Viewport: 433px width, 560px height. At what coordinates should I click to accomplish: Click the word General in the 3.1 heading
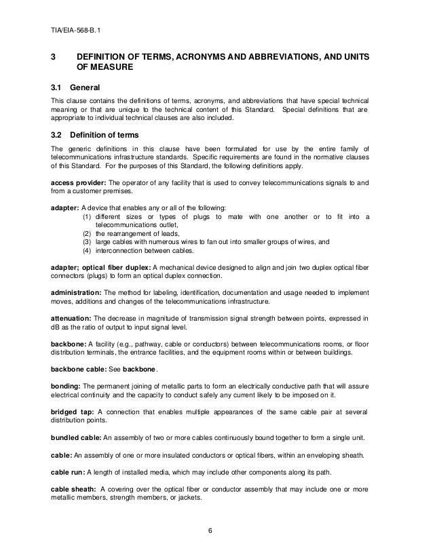pos(86,88)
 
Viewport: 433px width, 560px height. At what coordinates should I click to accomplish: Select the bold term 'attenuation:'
pos(71,317)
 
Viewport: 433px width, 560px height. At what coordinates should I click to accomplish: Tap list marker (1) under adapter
pos(87,216)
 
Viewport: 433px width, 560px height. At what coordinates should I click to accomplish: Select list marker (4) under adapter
pos(87,249)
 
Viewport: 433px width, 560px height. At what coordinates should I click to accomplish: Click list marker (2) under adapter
pos(87,233)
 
